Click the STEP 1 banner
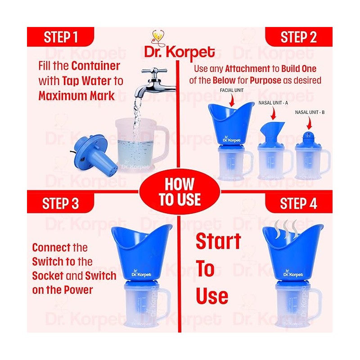coord(61,37)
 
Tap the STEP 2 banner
coord(299,37)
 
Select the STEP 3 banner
coord(61,203)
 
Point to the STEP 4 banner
coord(299,203)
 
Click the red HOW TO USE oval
coord(180,192)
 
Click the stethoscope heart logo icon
coord(159,38)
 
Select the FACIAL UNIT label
coord(232,90)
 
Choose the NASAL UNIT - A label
coord(273,103)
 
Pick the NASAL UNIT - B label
coord(310,112)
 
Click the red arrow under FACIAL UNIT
coord(232,100)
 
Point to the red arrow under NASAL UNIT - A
coord(273,113)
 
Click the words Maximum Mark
coord(76,96)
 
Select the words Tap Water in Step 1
coord(87,81)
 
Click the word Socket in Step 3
coord(48,276)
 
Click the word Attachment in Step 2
coord(247,69)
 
